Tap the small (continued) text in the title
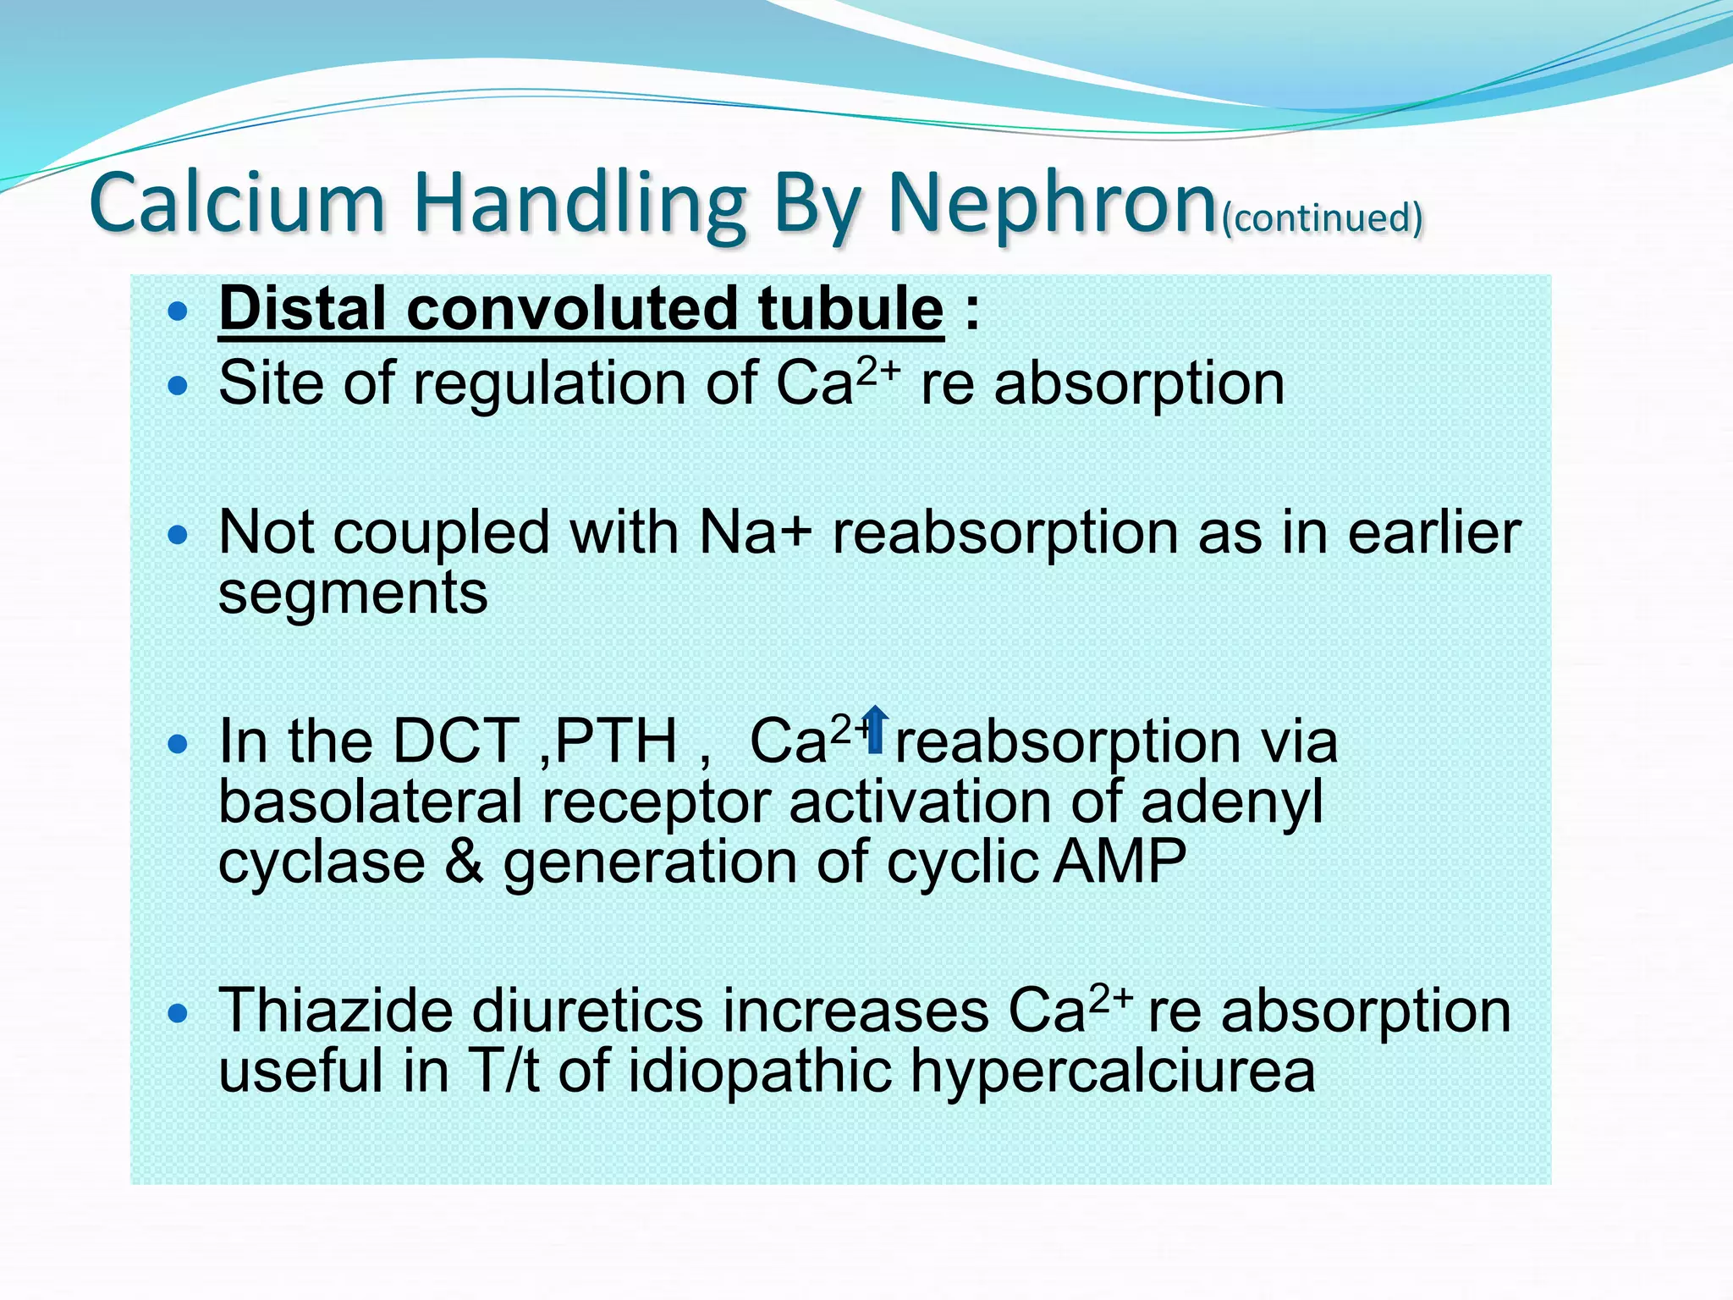pos(1323,218)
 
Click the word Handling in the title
pos(579,207)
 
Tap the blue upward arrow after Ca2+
pos(876,730)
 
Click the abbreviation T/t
pos(503,1071)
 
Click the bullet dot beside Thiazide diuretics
pos(177,1012)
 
